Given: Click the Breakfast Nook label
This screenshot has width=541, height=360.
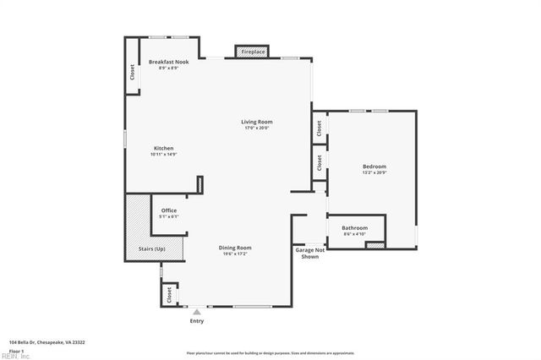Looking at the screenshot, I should (x=168, y=63).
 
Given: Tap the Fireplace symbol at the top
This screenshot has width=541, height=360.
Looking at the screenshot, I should (x=253, y=52).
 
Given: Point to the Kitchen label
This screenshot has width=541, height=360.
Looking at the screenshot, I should (x=163, y=148).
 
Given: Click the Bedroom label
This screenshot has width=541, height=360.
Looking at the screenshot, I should (x=374, y=166).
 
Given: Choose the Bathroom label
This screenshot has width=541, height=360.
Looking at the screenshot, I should (x=354, y=227).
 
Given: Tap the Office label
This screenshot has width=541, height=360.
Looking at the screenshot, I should (x=169, y=210).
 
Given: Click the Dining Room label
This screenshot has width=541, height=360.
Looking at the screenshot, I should (x=235, y=248).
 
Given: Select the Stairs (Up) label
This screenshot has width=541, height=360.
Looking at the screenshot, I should (x=152, y=248).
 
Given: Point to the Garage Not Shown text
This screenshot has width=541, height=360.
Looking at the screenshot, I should (x=309, y=253).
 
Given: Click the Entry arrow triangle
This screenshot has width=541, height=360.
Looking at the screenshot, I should (x=197, y=311).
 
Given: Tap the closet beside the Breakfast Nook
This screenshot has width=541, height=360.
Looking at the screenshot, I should (x=133, y=73).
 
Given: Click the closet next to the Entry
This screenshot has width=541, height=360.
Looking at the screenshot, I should (x=169, y=294).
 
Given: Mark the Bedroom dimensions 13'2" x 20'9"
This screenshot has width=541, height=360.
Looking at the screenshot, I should (x=374, y=172).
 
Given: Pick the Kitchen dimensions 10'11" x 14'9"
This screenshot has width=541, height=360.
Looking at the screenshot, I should (x=163, y=155).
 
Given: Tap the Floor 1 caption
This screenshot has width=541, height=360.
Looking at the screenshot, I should (x=15, y=350).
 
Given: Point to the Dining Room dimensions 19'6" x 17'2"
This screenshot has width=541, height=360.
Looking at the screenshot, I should (x=235, y=254).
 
